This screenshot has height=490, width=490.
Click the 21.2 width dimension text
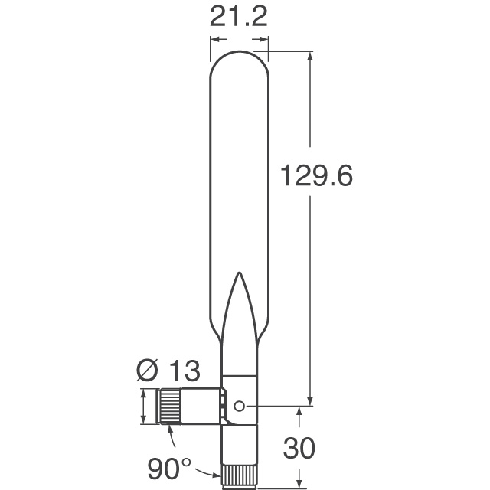pos(239,17)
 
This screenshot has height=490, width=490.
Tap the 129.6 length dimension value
pos(316,177)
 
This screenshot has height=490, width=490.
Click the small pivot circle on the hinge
pos(240,406)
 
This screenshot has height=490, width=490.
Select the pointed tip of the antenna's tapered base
pos(239,274)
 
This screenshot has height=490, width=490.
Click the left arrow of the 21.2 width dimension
pos(215,39)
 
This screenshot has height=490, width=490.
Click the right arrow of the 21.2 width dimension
pos(263,39)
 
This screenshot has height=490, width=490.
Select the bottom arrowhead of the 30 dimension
pos(298,482)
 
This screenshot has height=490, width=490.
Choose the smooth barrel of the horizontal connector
pos(201,406)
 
